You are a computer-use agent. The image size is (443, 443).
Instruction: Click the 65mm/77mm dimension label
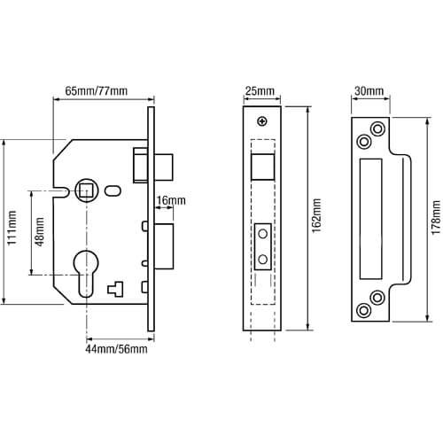97,90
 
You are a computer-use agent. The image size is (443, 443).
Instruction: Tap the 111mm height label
12,228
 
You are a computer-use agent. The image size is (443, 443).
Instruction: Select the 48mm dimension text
39,232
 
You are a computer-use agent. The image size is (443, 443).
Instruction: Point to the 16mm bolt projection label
171,200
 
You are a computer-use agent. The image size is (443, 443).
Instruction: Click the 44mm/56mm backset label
116,349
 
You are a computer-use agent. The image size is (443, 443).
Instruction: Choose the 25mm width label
260,91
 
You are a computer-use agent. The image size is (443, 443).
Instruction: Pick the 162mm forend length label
316,215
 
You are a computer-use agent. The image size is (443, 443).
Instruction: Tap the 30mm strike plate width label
369,91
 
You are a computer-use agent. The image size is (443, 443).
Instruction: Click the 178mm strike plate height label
436,217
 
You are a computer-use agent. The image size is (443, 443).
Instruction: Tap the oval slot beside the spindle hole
113,190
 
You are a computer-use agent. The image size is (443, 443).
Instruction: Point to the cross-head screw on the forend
262,121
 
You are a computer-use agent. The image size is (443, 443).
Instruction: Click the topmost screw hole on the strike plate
377,129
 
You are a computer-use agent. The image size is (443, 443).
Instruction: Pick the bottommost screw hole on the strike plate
364,310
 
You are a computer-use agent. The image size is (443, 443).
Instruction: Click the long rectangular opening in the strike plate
371,219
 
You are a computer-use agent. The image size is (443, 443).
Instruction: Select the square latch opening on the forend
262,167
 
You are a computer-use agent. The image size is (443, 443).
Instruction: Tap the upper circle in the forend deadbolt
262,234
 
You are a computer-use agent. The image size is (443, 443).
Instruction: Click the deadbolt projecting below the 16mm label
164,246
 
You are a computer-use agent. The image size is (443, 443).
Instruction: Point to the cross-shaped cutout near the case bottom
115,289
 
